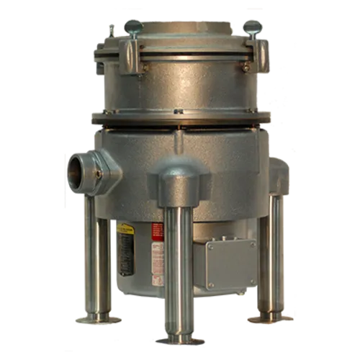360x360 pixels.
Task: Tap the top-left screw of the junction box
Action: (210, 246)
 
